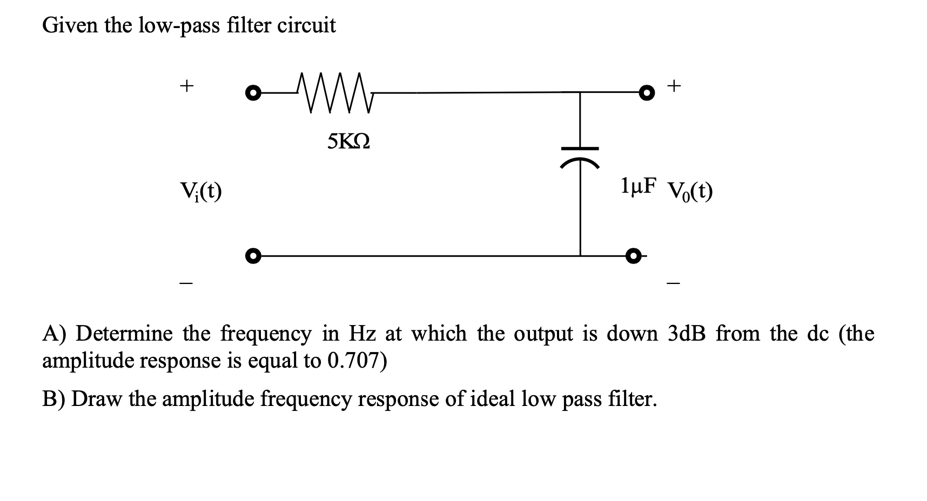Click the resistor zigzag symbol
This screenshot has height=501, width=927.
[335, 93]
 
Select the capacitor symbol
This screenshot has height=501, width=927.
[580, 156]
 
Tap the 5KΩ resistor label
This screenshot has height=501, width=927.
[348, 142]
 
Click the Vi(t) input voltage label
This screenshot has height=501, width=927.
[201, 191]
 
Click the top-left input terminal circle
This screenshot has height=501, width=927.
[251, 93]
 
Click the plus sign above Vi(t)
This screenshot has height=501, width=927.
[186, 86]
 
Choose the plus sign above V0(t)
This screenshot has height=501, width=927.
[675, 85]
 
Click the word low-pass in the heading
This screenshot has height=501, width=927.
[179, 26]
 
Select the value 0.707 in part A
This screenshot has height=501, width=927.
[353, 361]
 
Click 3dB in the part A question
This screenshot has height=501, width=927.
[686, 334]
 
